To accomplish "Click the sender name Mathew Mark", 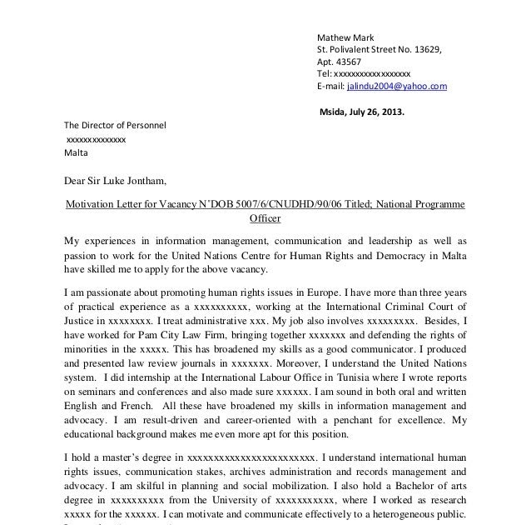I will click(x=346, y=37).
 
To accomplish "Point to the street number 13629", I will click(x=422, y=49).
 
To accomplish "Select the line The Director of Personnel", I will click(x=116, y=125).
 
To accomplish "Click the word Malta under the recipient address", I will click(x=76, y=153).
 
